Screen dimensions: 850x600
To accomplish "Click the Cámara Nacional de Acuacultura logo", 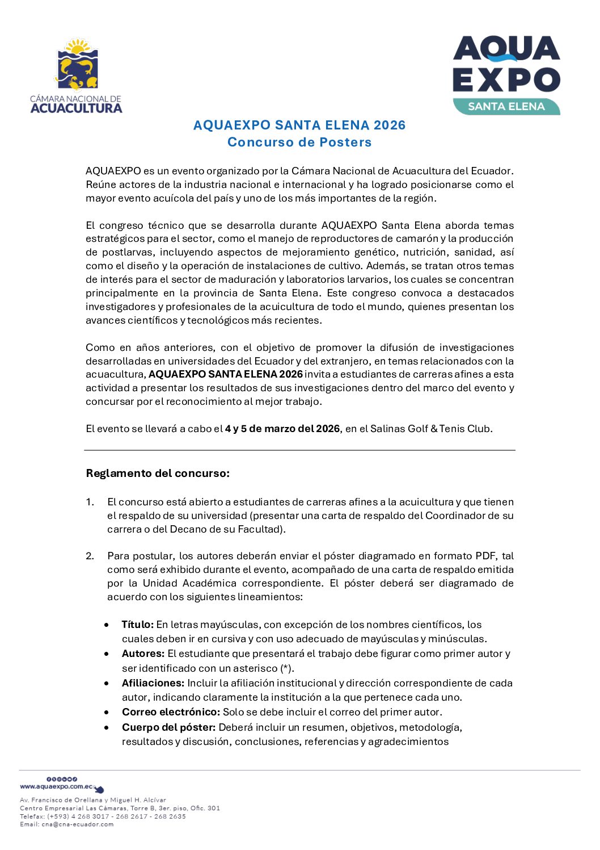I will click(76, 76).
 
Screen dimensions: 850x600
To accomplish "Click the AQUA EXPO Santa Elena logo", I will click(506, 75).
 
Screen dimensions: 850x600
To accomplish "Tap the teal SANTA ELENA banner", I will click(506, 107).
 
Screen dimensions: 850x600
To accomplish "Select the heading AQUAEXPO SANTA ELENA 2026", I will click(299, 125).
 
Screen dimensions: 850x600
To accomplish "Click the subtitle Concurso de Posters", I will click(299, 142).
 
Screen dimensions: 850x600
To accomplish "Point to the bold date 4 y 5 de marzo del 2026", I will click(282, 429).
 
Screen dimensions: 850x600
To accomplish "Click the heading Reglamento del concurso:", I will click(158, 474).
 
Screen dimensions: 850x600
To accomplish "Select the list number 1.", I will click(90, 502).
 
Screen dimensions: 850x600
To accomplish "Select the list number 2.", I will click(90, 556).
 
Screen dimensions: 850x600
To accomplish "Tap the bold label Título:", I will click(138, 625).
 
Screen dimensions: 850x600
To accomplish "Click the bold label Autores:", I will click(143, 654).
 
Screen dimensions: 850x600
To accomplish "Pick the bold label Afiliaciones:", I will click(153, 683).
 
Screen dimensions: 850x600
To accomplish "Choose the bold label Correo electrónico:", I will click(171, 712).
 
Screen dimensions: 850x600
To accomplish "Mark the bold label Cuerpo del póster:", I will click(168, 727).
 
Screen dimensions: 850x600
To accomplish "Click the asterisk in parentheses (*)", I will click(286, 668).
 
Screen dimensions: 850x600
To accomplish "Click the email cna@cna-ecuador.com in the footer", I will click(77, 824).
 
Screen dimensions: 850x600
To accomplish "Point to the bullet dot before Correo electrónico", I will click(107, 712).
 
